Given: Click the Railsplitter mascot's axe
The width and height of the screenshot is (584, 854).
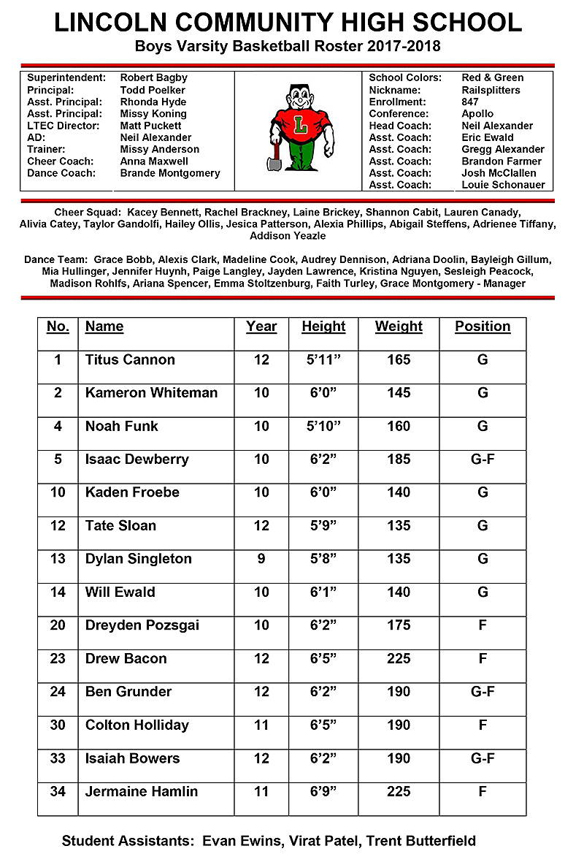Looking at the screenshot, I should (274, 156).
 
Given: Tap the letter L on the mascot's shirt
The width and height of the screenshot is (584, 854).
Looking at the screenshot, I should (301, 126).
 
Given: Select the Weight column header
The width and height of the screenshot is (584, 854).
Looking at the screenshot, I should (399, 327).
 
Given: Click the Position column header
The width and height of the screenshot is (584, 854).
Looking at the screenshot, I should (483, 327).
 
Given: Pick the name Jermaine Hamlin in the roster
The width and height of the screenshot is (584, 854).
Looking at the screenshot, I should (142, 791).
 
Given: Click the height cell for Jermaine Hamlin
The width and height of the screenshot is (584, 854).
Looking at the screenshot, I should (323, 791).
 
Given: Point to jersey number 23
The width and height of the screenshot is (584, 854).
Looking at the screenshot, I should (58, 658).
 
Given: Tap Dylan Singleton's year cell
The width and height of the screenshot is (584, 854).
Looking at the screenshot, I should (261, 559).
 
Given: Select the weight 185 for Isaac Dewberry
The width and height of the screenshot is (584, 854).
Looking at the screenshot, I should (399, 460).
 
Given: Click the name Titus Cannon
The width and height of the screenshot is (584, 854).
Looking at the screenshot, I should (130, 359).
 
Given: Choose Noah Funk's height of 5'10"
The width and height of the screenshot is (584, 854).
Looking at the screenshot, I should (323, 426).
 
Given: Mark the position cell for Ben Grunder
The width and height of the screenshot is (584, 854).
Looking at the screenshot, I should (483, 692).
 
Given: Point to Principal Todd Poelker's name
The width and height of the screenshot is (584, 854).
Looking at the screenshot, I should (153, 90).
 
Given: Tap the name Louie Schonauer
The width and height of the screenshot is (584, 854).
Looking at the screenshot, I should (503, 185).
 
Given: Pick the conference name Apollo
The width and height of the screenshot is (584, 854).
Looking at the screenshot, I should (477, 114).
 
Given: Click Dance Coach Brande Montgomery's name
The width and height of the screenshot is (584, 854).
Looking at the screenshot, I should (169, 173).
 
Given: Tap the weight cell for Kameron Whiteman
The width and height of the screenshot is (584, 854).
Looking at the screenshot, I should (399, 393).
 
